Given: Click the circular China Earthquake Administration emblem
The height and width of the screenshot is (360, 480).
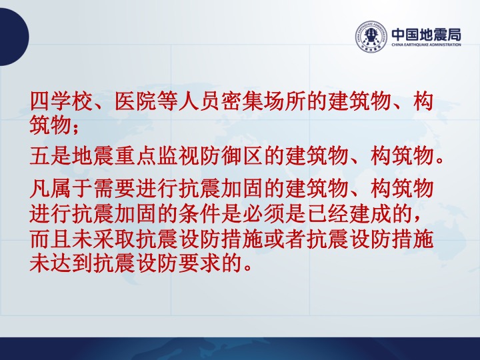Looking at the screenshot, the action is click(x=371, y=37).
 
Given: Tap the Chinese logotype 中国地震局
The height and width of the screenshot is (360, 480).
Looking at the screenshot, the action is click(x=426, y=34).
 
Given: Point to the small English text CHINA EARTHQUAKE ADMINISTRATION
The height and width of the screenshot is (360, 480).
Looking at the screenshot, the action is click(x=426, y=45).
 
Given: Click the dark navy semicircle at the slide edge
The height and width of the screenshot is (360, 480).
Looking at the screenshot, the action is click(x=13, y=37).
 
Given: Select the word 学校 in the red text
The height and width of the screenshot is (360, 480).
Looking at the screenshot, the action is click(x=72, y=101).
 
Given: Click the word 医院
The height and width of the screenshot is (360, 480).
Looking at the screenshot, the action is click(x=136, y=101).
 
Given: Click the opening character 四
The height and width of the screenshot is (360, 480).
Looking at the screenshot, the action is click(x=41, y=101).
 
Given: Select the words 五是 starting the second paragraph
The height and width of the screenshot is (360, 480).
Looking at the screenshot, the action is click(x=51, y=156).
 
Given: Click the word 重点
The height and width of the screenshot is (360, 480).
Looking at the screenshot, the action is click(x=136, y=156).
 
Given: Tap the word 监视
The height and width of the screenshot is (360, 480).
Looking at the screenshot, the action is click(x=179, y=156).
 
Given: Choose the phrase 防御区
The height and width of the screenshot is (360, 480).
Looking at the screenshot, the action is click(x=232, y=156).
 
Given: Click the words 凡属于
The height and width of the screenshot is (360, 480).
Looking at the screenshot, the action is click(x=61, y=187).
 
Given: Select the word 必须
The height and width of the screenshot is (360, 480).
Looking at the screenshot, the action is click(x=264, y=213).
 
